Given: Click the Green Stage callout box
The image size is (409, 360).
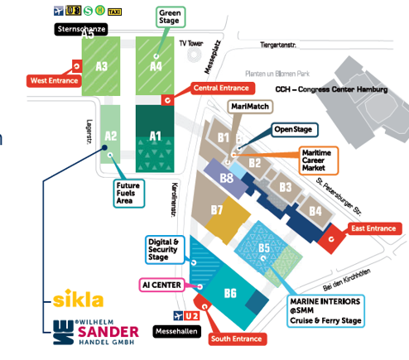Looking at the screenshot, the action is click(x=171, y=17).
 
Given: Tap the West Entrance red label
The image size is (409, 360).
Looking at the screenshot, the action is click(x=54, y=81).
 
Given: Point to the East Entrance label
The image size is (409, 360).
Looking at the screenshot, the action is click(x=373, y=228).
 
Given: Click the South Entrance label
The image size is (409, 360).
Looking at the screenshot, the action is click(x=237, y=338).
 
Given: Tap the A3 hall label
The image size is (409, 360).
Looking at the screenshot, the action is click(x=101, y=66).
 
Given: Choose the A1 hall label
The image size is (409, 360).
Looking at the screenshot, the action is click(x=155, y=137).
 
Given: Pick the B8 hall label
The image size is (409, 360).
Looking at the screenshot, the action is click(x=227, y=179).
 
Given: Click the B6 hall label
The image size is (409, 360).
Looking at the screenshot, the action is click(x=230, y=293).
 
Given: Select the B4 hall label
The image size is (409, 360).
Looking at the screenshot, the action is click(x=315, y=212).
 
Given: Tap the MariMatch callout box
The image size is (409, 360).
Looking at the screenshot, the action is click(x=250, y=107).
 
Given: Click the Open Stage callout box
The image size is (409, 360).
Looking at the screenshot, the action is click(x=295, y=130).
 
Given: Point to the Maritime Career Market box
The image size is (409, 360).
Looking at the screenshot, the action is click(x=319, y=161).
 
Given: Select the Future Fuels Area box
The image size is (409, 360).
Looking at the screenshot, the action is click(x=129, y=193).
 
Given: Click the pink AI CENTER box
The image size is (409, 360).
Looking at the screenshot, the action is click(x=161, y=285).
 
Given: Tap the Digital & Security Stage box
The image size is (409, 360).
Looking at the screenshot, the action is click(x=165, y=250).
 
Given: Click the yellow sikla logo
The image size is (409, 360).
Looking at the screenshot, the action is click(x=78, y=298).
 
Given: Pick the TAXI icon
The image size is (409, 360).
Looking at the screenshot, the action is click(x=114, y=12).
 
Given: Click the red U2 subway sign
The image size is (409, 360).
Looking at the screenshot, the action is click(x=191, y=315).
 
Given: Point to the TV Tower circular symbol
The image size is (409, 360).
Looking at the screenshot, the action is click(x=194, y=55).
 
